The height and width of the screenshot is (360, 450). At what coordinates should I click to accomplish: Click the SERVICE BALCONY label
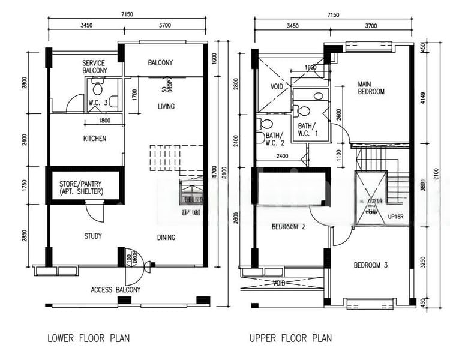[94, 67]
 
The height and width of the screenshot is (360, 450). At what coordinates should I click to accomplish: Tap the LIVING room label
[166, 107]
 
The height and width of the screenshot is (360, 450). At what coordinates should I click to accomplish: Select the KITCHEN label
[94, 139]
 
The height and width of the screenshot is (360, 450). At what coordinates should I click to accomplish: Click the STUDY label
[92, 236]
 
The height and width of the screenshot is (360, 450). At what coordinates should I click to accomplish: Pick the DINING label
[166, 238]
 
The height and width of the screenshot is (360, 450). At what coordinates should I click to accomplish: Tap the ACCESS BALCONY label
[116, 290]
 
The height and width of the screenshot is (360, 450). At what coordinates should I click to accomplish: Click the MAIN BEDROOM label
[371, 88]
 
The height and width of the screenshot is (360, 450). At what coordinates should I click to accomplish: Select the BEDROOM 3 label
[371, 265]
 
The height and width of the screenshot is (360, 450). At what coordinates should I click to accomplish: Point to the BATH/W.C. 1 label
[307, 130]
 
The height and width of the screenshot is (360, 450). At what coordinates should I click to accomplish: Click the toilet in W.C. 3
[97, 91]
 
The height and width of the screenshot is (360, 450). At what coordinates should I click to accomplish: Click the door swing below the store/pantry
[94, 211]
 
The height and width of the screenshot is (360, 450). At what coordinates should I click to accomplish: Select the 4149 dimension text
[423, 99]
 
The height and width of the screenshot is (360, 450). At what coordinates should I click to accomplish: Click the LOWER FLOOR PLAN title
[88, 338]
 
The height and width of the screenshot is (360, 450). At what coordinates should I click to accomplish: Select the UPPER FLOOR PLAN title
[290, 338]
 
